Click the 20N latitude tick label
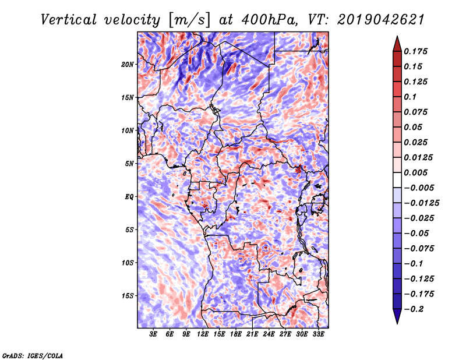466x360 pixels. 128,65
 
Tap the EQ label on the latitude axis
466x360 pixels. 129,197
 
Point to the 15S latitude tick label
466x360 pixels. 128,296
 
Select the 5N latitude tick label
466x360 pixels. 129,164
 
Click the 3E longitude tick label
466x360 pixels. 153,334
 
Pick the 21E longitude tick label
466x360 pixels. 252,334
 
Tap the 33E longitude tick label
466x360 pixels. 318,334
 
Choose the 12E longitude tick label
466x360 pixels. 203,334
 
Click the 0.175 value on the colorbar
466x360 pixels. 415,51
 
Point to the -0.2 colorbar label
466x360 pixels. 414,309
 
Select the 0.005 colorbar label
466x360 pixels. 415,172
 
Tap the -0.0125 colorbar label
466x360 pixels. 421,203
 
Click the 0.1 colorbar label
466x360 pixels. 410,97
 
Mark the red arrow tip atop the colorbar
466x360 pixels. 397,37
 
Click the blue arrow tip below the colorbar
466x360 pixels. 397,323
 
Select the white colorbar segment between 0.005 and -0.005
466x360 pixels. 397,180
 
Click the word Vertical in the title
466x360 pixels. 69,20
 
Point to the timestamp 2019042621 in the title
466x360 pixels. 381,20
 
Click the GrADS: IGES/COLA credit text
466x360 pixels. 33,355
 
